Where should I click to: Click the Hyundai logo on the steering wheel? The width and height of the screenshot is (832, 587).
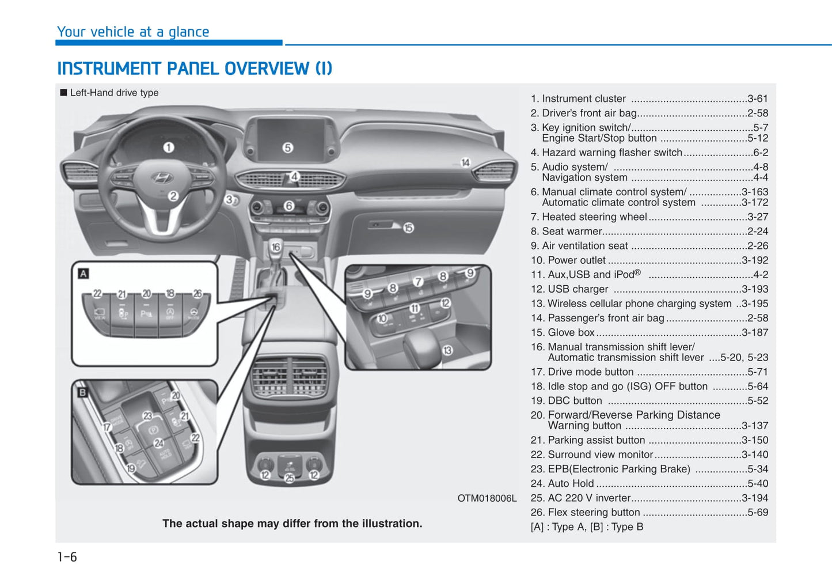(161, 177)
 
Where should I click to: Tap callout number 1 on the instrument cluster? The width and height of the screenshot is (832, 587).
(168, 147)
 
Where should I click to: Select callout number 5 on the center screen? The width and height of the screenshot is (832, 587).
(287, 147)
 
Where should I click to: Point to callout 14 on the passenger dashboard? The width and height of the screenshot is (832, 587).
(465, 162)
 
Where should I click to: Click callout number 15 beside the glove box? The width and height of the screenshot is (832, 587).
(408, 228)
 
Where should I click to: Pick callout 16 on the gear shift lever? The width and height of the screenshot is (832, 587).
(276, 247)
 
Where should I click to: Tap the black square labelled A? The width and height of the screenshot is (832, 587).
(83, 274)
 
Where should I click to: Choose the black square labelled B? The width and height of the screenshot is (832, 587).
(82, 392)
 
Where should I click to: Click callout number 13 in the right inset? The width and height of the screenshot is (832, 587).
(447, 350)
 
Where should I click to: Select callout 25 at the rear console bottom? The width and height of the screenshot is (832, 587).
(289, 478)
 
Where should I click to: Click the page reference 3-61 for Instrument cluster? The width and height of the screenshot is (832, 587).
(757, 99)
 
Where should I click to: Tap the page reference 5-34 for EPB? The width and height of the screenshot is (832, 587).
(757, 469)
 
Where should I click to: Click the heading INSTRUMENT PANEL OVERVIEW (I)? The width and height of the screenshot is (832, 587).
(195, 69)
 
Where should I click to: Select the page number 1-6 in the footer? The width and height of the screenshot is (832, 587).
(67, 557)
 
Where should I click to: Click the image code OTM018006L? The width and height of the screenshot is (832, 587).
(487, 498)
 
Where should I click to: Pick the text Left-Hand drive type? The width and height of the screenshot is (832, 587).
(114, 93)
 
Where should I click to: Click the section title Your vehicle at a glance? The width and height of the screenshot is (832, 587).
(133, 32)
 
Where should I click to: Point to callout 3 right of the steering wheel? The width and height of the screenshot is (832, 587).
(229, 200)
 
